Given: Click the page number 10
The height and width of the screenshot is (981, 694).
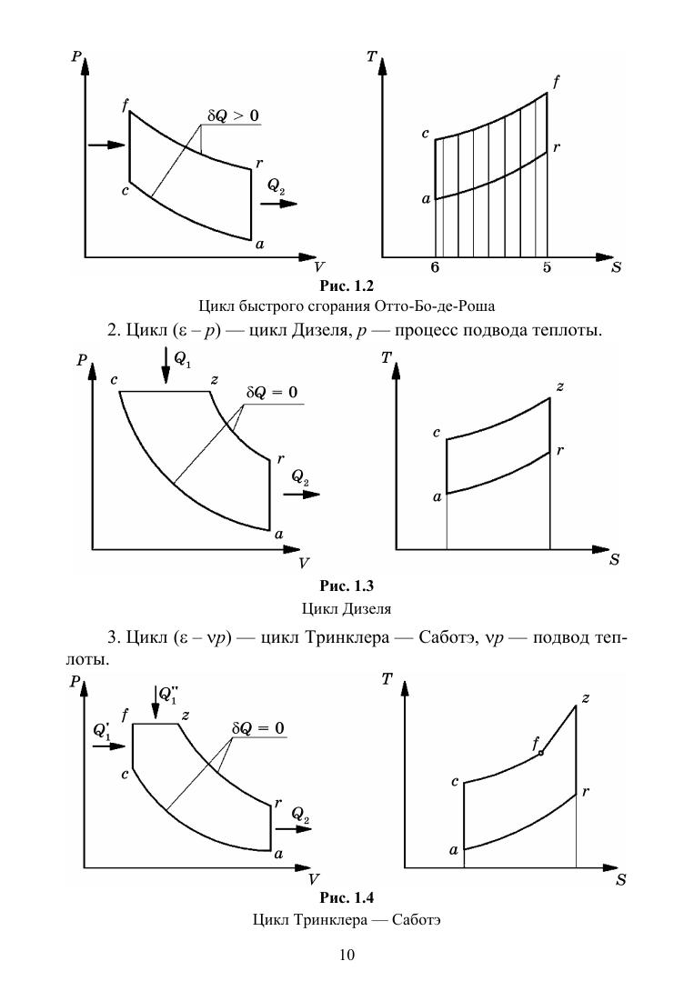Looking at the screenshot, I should pos(347,955).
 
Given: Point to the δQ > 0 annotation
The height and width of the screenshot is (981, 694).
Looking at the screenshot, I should pos(233,115).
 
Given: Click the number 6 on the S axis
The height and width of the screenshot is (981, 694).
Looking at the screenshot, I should pos(435,267).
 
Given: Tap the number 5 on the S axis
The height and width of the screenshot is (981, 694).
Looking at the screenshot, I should pos(547,267).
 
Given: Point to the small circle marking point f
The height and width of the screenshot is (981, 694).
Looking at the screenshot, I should pos(541,753).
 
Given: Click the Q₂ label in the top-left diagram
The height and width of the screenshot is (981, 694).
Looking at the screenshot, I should pos(277,186).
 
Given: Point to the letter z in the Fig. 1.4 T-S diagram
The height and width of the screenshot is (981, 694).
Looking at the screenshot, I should pos(586,697).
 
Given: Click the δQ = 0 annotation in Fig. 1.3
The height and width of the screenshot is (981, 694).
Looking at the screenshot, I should pos(273,394).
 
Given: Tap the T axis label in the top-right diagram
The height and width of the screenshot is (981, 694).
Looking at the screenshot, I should pos(372,56).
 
